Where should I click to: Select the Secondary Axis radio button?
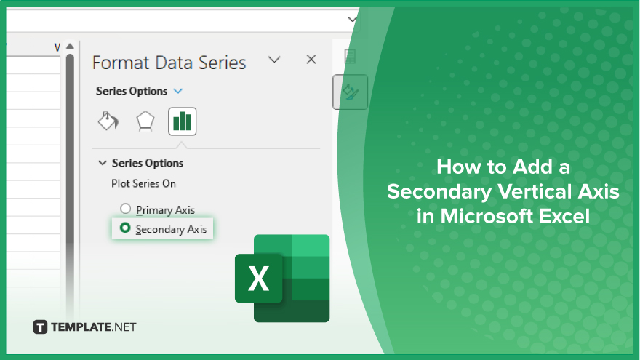pyautogui.click(x=125, y=228)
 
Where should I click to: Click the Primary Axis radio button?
pyautogui.click(x=125, y=209)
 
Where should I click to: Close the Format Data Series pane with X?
pyautogui.click(x=311, y=60)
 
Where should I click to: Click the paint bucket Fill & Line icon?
pyautogui.click(x=108, y=121)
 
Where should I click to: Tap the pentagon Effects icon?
pyautogui.click(x=145, y=121)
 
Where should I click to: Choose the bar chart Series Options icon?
pyautogui.click(x=182, y=121)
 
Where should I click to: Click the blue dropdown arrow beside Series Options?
pyautogui.click(x=178, y=91)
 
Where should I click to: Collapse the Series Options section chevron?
pyautogui.click(x=103, y=163)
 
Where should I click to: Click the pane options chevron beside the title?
pyautogui.click(x=274, y=60)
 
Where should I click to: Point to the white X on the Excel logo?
pyautogui.click(x=258, y=279)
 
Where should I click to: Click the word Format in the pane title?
pyautogui.click(x=121, y=63)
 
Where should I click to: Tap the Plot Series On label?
pyautogui.click(x=144, y=184)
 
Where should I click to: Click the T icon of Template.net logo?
pyautogui.click(x=40, y=327)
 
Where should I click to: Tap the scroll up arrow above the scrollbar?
pyautogui.click(x=71, y=47)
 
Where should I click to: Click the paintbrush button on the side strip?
pyautogui.click(x=351, y=92)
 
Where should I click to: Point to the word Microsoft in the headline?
pyautogui.click(x=487, y=216)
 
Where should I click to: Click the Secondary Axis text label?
pyautogui.click(x=172, y=229)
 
